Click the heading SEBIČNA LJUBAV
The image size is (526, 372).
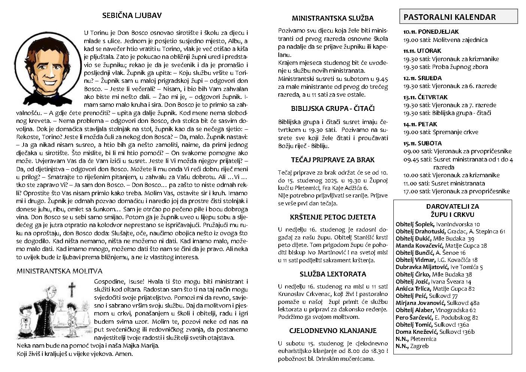pos(132,16)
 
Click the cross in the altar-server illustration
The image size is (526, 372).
pos(72,289)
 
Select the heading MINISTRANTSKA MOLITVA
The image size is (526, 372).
pos(59,271)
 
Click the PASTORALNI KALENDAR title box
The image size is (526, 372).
pos(458,17)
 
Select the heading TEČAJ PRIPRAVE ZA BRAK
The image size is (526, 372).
pos(332,160)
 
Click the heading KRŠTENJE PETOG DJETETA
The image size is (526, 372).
pos(333,217)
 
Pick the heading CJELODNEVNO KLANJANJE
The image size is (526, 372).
pos(333,330)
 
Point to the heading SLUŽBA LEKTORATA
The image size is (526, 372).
pos(333,274)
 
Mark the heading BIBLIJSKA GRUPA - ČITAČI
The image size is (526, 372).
pos(333,109)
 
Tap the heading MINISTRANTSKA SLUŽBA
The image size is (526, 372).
pos(333,18)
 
